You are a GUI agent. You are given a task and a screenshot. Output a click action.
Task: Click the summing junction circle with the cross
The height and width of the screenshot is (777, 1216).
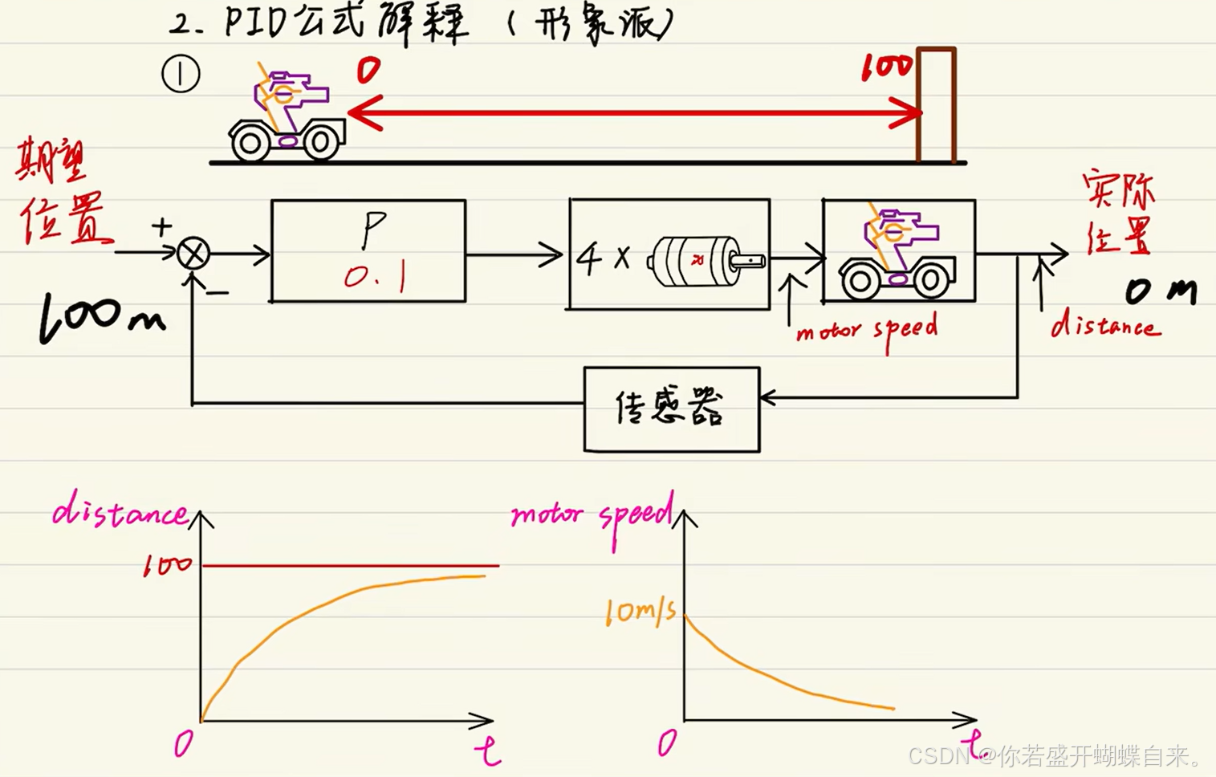point(193,254)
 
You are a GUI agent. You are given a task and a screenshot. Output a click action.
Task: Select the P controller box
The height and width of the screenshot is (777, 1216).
point(368,250)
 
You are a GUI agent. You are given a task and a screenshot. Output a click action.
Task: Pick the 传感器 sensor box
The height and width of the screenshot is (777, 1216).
point(671,409)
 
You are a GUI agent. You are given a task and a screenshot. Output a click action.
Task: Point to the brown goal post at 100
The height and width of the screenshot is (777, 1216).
point(936,104)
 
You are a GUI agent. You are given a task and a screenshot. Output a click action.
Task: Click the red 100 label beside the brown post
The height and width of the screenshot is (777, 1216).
point(885,68)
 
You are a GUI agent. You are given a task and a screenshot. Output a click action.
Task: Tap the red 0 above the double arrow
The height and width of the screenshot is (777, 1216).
point(368,71)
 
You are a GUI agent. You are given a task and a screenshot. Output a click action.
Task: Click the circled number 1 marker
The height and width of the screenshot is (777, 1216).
point(181,75)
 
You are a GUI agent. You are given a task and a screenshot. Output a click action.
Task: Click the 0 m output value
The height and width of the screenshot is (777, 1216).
point(1160,291)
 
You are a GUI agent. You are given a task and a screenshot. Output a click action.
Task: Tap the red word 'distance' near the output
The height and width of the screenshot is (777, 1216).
point(1104,325)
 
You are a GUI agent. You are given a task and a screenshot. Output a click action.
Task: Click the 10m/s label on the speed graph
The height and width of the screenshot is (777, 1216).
point(640,612)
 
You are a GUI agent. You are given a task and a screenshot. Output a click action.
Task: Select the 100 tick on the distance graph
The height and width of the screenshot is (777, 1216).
point(167,566)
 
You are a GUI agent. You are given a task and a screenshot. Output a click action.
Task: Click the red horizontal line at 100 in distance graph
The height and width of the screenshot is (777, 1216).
point(350,566)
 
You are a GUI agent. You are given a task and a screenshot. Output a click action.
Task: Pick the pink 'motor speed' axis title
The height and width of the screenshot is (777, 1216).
point(591,515)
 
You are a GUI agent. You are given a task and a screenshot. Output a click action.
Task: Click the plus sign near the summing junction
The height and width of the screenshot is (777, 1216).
point(161,226)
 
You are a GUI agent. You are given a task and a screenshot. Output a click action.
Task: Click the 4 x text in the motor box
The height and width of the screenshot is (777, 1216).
point(604,258)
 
